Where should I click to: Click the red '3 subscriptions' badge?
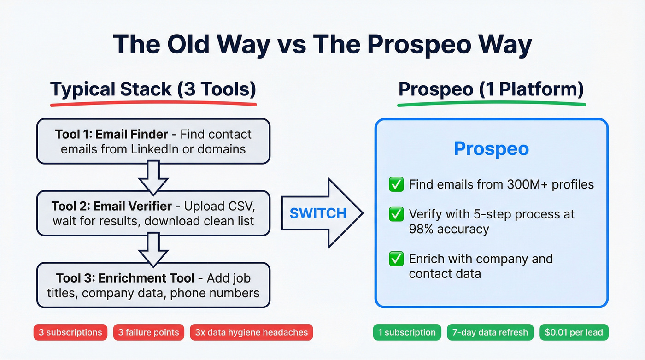(70, 332)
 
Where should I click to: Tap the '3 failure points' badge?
(149, 332)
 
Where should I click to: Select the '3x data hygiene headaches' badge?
(251, 332)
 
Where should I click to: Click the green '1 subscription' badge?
(407, 332)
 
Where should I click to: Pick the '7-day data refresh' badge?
(490, 332)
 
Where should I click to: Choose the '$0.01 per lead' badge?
(574, 332)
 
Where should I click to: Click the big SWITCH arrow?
(322, 213)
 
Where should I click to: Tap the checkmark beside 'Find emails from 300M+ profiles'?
(396, 185)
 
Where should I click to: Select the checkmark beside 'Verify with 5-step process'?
(396, 214)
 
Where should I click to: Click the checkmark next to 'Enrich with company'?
(396, 259)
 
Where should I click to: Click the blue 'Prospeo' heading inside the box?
(491, 149)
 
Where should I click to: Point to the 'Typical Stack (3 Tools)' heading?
(153, 89)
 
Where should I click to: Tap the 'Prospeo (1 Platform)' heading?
(491, 89)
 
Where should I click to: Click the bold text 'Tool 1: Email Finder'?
(111, 134)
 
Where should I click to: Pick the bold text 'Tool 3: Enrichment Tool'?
(118, 278)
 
